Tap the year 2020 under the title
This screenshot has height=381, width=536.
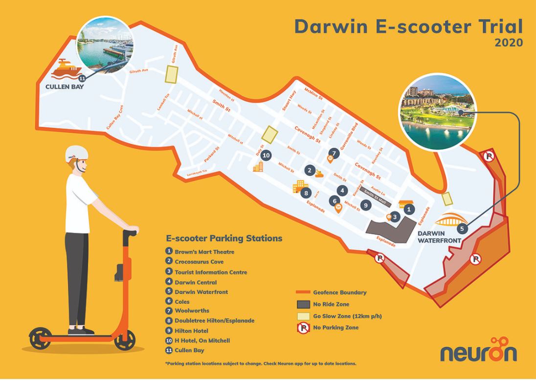(x=509, y=43)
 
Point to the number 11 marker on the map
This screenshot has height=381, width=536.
(x=82, y=78)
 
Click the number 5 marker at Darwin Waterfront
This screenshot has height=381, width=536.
(x=462, y=228)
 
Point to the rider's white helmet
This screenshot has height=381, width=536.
(x=77, y=153)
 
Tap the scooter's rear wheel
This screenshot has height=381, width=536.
(x=40, y=338)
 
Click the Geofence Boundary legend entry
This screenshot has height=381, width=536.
(x=339, y=292)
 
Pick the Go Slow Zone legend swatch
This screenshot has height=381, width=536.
(x=304, y=316)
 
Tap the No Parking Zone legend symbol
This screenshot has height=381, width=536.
(x=304, y=328)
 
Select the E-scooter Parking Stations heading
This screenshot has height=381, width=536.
(x=224, y=239)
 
